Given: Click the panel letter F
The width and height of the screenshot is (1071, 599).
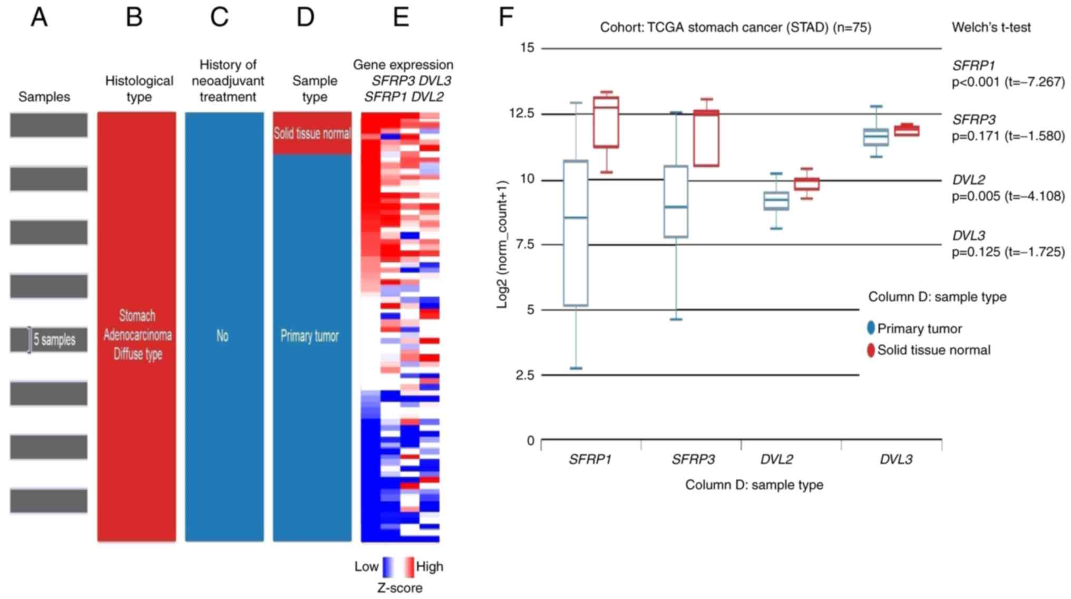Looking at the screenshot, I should point(505,17).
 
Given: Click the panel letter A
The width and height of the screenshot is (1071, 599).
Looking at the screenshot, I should point(40,17).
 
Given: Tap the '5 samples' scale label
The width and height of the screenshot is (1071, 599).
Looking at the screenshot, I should point(54,340).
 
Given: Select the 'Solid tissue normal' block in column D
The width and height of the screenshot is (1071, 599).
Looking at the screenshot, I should point(312,133).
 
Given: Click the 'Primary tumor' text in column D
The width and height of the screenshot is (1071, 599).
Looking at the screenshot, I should point(309,336).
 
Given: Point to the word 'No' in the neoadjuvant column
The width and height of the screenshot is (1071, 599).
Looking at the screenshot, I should point(222,336).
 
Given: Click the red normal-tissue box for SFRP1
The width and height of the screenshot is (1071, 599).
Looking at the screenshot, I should point(606,122).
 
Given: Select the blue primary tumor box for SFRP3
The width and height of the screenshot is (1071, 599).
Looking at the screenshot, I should point(675,201).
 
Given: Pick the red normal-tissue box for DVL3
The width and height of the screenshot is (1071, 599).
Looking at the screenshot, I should point(907,130).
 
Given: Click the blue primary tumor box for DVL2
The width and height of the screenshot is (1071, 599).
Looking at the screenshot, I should point(776,201).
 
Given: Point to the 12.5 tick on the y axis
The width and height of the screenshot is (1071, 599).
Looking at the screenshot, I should point(520,113).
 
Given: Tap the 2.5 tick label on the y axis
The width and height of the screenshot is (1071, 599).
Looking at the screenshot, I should point(524,375).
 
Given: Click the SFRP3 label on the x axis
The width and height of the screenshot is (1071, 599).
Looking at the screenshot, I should point(693,459).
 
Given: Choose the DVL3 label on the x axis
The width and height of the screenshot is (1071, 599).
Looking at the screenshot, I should point(896,459).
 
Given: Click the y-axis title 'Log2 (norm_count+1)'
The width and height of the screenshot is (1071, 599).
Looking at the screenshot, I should point(502,244).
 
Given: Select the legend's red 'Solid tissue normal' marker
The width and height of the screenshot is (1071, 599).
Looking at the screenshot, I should point(871,350).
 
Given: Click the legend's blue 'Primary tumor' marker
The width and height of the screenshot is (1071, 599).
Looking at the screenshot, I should point(871,328).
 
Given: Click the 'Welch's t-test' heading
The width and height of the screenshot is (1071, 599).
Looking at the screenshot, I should point(991,27).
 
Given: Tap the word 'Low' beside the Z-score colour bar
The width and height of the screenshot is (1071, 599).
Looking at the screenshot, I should point(366,567).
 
